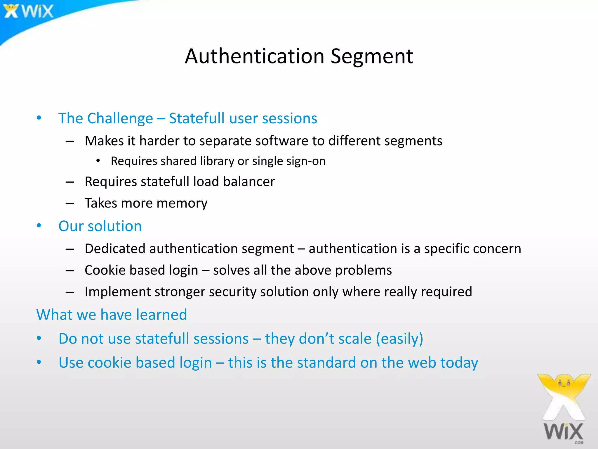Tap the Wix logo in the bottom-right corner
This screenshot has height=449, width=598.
tap(564, 409)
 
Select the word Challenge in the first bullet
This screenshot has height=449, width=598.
tap(120, 118)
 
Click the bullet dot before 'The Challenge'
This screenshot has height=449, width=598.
tap(39, 118)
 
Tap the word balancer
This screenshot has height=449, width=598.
tap(249, 182)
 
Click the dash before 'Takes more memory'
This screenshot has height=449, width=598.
tap(70, 203)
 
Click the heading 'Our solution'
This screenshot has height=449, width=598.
tap(100, 226)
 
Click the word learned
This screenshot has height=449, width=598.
tap(161, 315)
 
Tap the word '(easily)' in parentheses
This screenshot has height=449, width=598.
tap(399, 339)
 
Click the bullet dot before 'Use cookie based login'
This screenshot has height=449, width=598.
tap(39, 362)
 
